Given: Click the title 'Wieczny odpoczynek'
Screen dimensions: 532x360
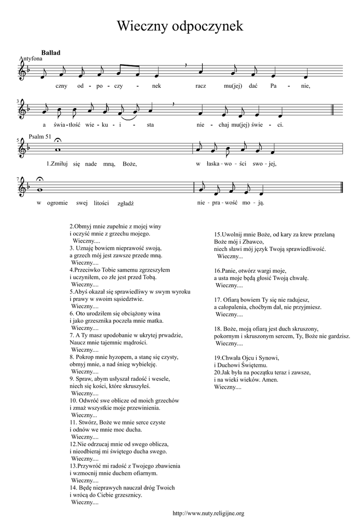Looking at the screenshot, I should [x=180, y=26].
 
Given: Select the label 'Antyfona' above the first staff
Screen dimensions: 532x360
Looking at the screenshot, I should [x=30, y=59].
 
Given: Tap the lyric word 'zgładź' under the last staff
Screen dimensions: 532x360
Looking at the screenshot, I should [x=126, y=204].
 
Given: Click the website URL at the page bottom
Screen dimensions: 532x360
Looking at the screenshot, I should [x=208, y=513].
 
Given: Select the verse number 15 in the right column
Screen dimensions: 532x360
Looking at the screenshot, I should [x=218, y=234].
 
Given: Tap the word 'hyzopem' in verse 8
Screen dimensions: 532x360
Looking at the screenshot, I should [x=115, y=357].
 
